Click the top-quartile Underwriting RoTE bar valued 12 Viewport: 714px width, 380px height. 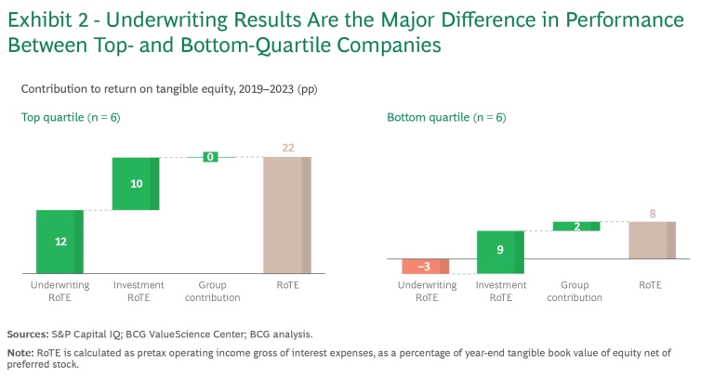tap(59, 242)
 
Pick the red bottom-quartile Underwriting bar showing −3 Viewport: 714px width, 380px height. tap(426, 267)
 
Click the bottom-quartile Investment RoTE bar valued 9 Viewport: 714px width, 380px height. tap(500, 252)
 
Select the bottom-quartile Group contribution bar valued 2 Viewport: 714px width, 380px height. tap(576, 226)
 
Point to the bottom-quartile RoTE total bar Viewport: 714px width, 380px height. tap(652, 240)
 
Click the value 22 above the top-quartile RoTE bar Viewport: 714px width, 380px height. tap(287, 149)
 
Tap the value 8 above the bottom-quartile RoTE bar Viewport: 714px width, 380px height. tap(653, 214)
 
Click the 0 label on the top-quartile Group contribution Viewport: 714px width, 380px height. tap(211, 157)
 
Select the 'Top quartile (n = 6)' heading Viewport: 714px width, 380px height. tap(71, 117)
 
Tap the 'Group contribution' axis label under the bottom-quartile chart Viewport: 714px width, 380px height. tap(575, 291)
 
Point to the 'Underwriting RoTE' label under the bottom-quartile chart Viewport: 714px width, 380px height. tap(427, 291)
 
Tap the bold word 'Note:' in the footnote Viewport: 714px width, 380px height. tap(20, 352)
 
